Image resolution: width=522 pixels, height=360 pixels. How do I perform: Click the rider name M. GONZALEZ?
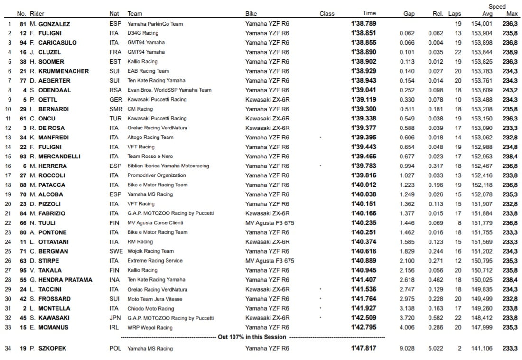[54, 24]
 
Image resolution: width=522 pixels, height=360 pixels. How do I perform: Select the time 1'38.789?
[363, 24]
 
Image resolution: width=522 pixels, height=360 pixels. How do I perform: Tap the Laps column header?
[455, 14]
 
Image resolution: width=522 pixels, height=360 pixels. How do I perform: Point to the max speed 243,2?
[510, 90]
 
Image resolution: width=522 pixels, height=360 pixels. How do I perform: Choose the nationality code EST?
[114, 62]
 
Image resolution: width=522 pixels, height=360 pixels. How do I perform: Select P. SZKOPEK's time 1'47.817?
[363, 349]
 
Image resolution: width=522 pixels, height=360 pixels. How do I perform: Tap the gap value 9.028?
[407, 349]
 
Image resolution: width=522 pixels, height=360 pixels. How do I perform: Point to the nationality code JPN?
[115, 318]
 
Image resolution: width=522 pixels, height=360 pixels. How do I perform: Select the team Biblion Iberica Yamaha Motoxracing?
[168, 166]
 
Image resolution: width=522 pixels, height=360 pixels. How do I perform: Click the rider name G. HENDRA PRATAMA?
[62, 280]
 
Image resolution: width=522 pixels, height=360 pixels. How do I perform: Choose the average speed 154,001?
[482, 24]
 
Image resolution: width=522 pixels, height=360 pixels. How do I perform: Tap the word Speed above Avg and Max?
[497, 7]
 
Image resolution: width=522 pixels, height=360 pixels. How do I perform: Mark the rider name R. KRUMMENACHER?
[63, 71]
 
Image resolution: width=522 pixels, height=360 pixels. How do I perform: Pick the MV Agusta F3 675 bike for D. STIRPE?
[270, 261]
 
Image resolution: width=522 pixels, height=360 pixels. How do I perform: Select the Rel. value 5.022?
[435, 349]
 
